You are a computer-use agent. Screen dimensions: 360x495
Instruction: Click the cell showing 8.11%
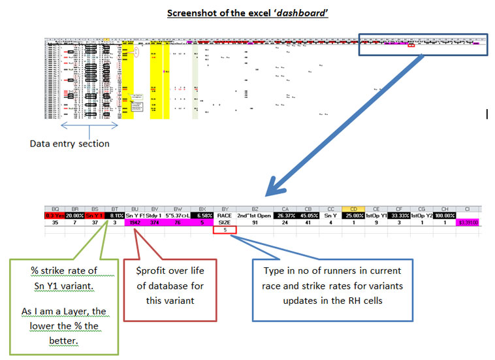pos(114,216)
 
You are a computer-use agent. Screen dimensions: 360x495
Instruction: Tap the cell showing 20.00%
pos(73,216)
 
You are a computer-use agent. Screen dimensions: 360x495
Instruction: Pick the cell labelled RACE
pos(224,216)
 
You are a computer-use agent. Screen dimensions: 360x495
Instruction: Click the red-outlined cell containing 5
pos(224,230)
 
